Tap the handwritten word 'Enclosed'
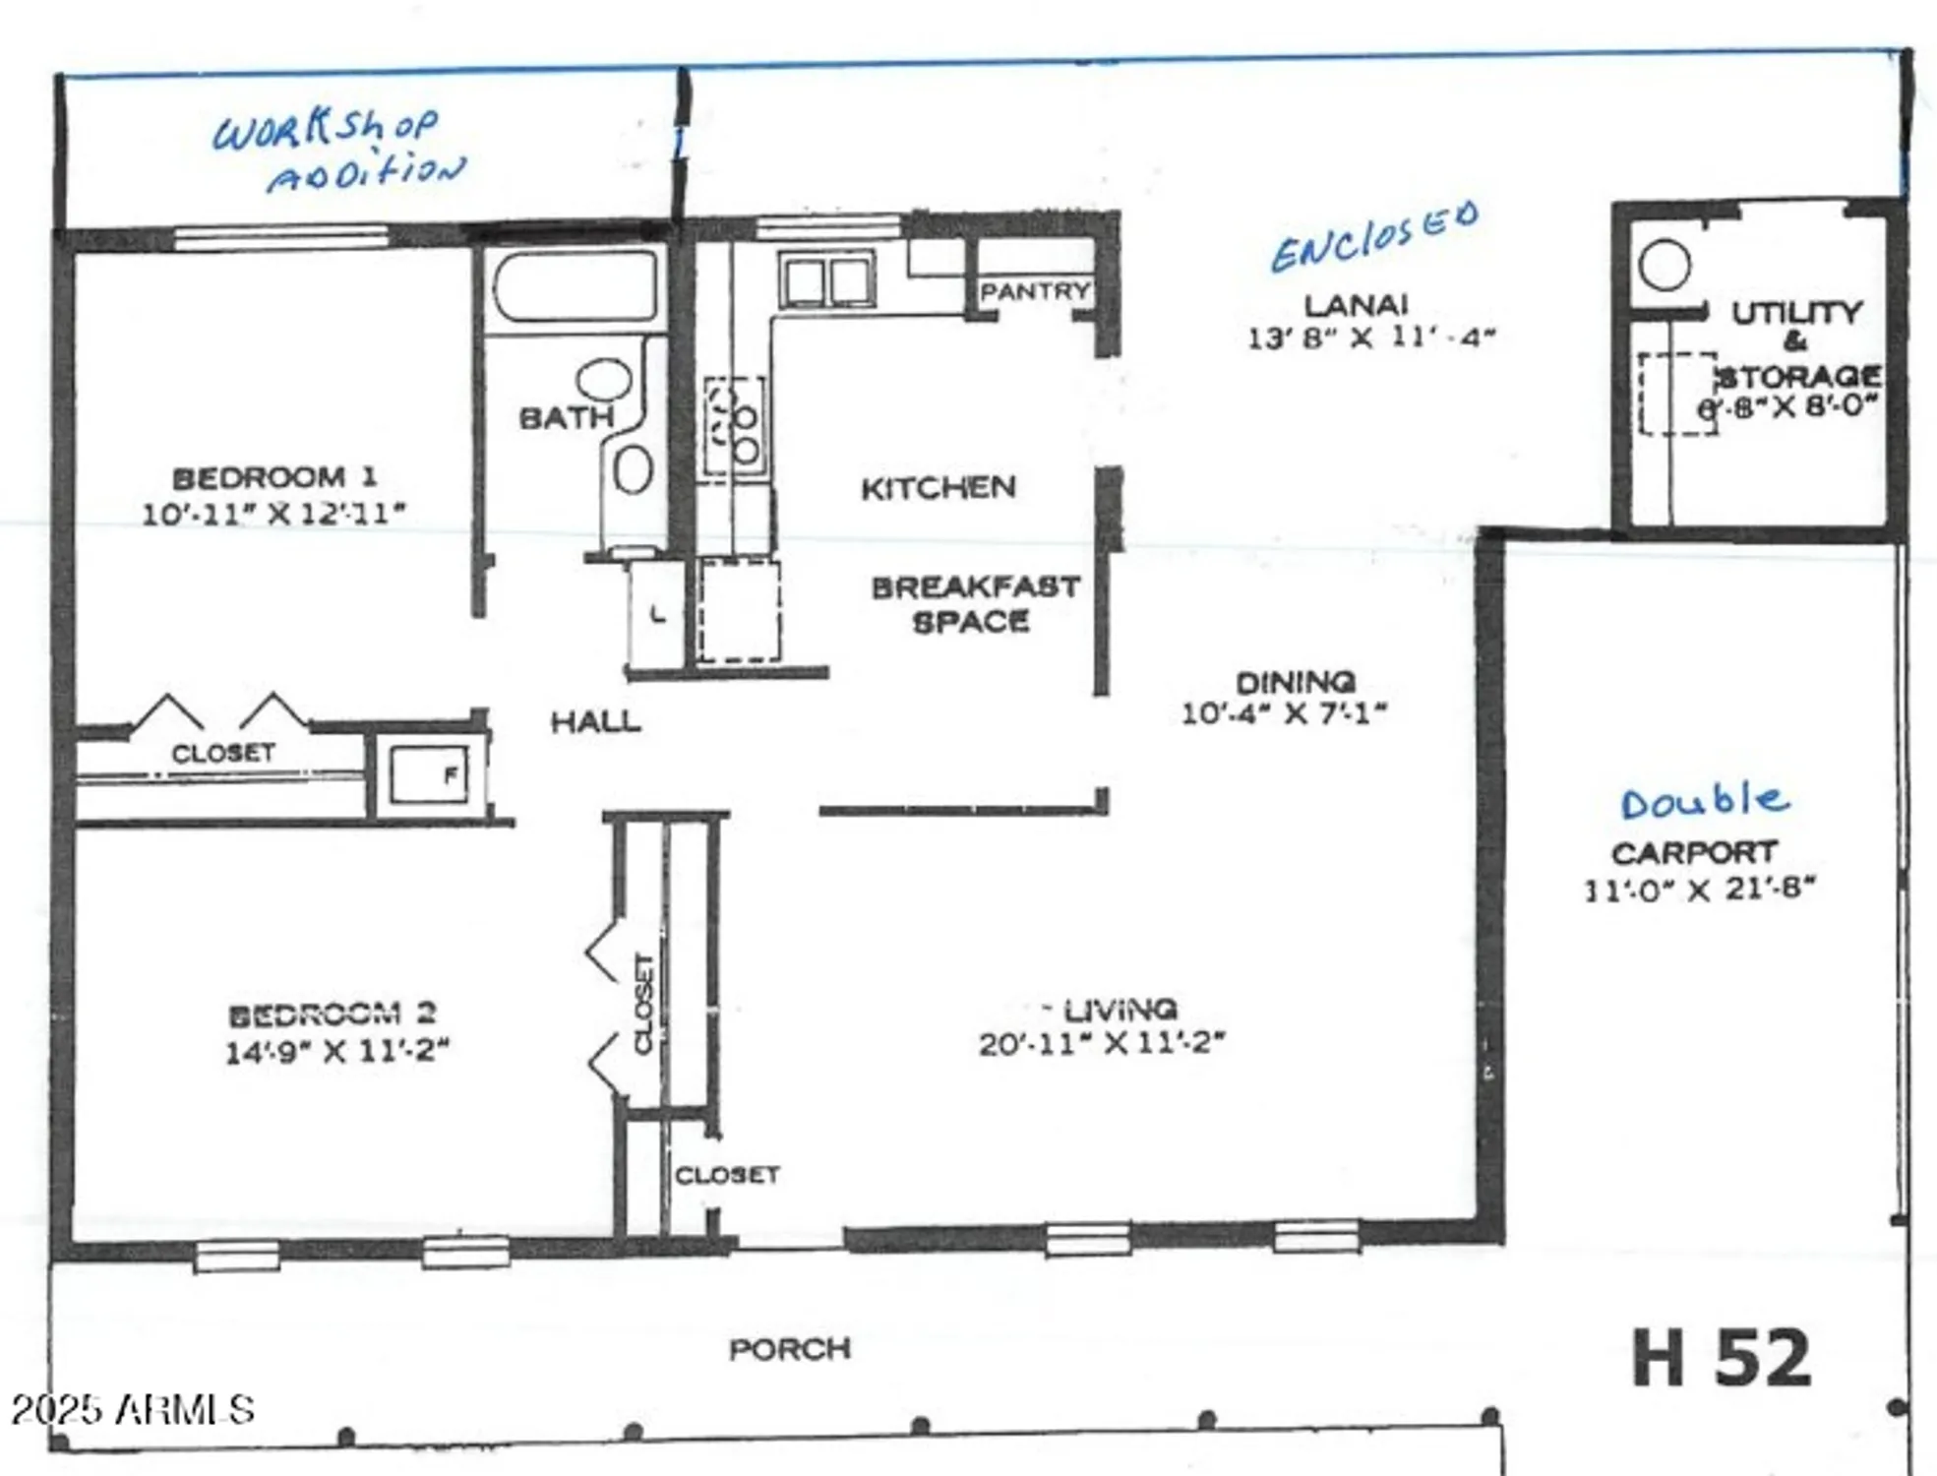coord(1374,236)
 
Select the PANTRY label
coord(1034,291)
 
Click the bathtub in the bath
coord(575,285)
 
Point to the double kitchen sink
coord(827,280)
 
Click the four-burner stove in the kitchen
coord(734,426)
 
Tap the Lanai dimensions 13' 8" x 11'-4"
coord(1371,338)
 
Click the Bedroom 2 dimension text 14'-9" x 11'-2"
coord(337,1051)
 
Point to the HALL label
coord(595,722)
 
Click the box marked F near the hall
coord(430,774)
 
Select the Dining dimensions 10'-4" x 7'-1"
coord(1283,713)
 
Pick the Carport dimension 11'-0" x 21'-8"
coord(1699,890)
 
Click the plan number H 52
coord(1721,1358)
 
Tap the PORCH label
coord(789,1349)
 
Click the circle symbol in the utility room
coord(1665,266)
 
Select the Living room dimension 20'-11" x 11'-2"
coord(1102,1043)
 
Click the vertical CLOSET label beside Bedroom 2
coord(644,1004)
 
